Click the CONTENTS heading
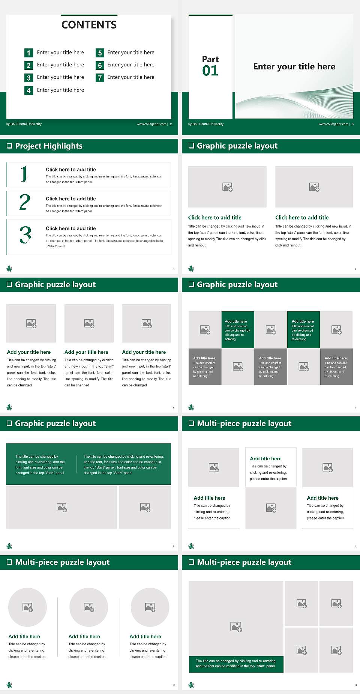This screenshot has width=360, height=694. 89,25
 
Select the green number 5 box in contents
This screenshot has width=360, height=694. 100,53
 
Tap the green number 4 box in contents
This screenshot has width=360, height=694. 28,90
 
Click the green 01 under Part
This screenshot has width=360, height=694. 210,71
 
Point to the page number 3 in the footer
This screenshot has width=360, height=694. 352,124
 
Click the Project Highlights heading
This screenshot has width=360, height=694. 49,146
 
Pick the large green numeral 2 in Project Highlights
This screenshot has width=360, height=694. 25,202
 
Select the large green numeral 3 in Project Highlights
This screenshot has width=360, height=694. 25,235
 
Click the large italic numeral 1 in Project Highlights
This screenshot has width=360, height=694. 24,174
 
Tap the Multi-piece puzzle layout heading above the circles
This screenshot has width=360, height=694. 62,562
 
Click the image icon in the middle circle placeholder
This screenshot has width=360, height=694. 89,607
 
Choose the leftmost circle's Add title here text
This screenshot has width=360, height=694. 24,636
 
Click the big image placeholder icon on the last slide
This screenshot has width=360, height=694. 236,626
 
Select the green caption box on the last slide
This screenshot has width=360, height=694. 236,663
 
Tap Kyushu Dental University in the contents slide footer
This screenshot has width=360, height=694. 24,124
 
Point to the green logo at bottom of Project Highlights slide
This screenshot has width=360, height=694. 9,268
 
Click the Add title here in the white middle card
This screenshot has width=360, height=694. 265,458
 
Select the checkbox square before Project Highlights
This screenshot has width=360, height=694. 10,146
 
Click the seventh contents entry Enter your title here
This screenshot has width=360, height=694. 130,77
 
